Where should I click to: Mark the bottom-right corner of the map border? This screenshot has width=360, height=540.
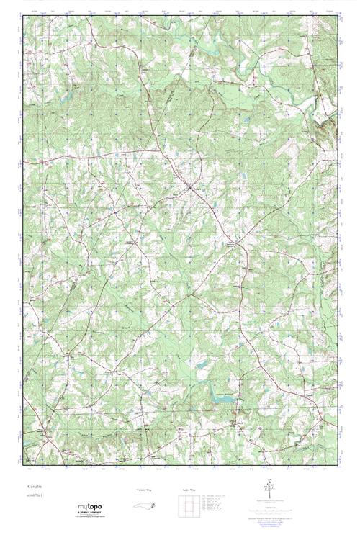tap(338, 466)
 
